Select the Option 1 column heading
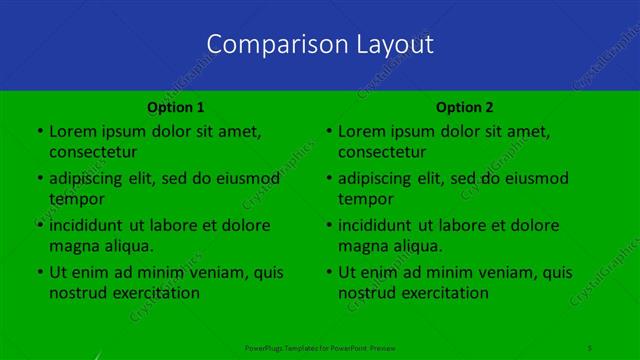(176, 107)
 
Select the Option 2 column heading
(465, 107)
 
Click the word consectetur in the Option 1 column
(93, 152)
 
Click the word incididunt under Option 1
(86, 225)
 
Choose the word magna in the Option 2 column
(361, 246)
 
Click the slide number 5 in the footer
(591, 346)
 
